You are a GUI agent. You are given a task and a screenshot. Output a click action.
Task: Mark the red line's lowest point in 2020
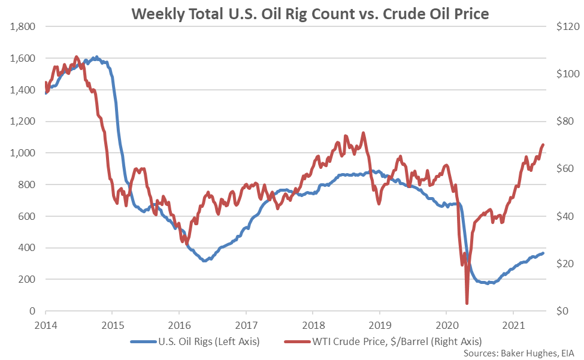click(x=467, y=303)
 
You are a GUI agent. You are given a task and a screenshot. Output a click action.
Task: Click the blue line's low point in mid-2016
click(x=205, y=261)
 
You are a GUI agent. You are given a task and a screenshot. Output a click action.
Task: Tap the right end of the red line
click(x=543, y=144)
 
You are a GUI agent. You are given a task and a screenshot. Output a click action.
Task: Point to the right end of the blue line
click(x=543, y=253)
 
